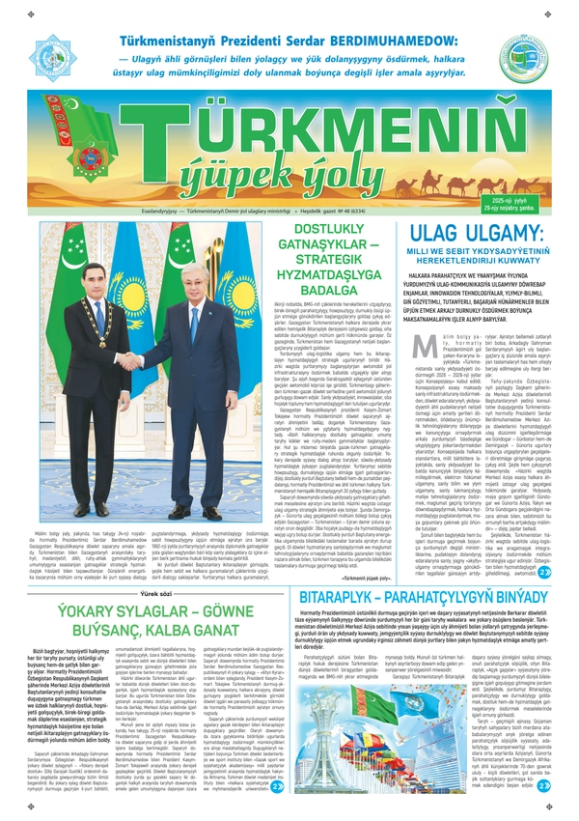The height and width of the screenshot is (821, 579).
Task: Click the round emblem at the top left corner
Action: tap(56, 58)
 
